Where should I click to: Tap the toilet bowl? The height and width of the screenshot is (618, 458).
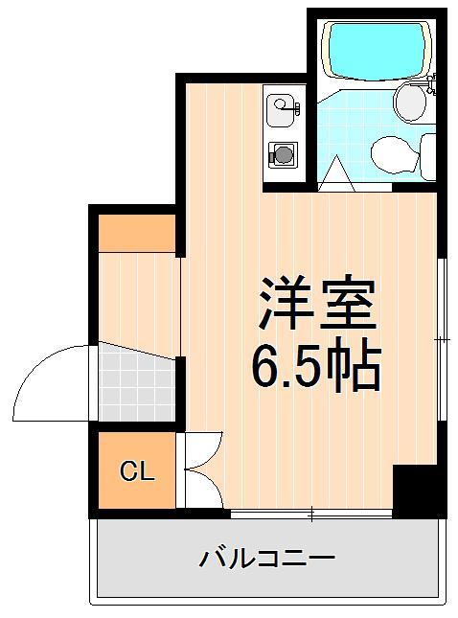tap(392, 152)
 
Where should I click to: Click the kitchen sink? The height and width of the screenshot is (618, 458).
tap(283, 111)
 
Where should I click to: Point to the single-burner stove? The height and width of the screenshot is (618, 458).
tap(283, 152)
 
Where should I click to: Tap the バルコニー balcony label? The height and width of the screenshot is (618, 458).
tap(267, 559)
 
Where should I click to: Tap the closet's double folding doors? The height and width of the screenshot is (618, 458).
tap(200, 469)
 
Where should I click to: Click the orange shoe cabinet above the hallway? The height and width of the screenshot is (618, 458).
tap(137, 233)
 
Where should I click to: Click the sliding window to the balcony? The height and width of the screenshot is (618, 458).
tap(311, 515)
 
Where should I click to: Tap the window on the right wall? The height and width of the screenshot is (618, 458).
tap(442, 340)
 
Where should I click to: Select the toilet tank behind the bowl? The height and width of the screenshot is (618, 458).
tap(426, 156)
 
